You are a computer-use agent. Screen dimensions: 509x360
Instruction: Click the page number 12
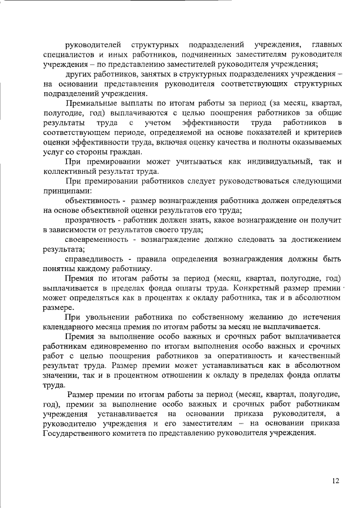pyautogui.click(x=336, y=481)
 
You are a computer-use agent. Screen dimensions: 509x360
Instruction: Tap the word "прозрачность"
pyautogui.click(x=90, y=220)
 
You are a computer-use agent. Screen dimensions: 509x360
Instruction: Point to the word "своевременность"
pyautogui.click(x=96, y=240)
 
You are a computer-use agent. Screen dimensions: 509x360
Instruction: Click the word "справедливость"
pyautogui.click(x=93, y=259)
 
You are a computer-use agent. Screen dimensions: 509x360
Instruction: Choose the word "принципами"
pyautogui.click(x=63, y=191)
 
